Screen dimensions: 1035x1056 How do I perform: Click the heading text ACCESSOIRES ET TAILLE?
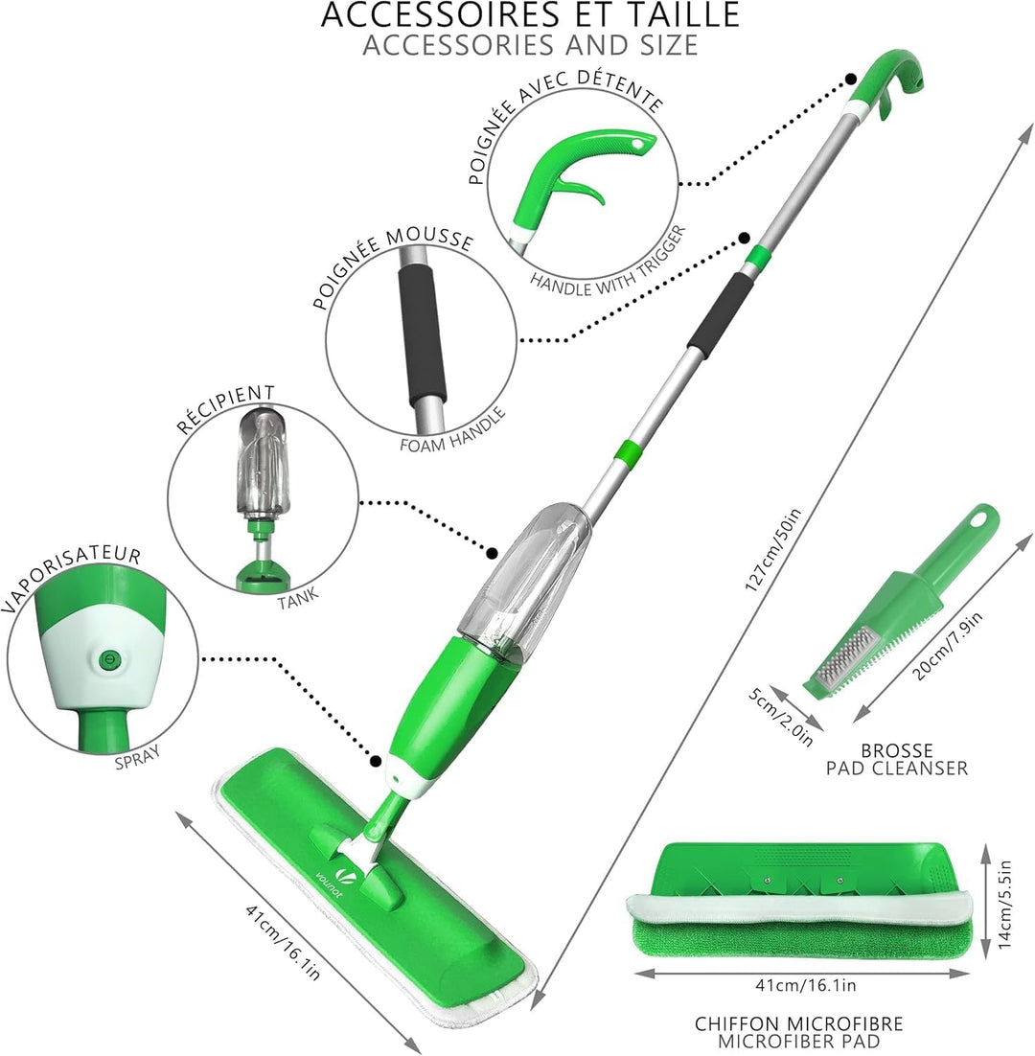[x=530, y=14]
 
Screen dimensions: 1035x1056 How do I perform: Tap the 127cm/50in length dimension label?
[x=773, y=550]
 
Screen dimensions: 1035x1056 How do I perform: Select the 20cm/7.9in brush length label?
[x=948, y=645]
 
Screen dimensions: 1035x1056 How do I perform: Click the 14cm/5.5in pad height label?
[x=1004, y=904]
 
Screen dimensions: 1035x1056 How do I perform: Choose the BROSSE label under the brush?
[x=897, y=750]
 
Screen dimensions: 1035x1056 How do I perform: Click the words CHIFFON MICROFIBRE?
[x=798, y=1023]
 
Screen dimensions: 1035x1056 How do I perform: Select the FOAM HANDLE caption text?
[x=452, y=431]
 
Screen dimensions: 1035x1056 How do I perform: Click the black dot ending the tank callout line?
[x=493, y=554]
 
